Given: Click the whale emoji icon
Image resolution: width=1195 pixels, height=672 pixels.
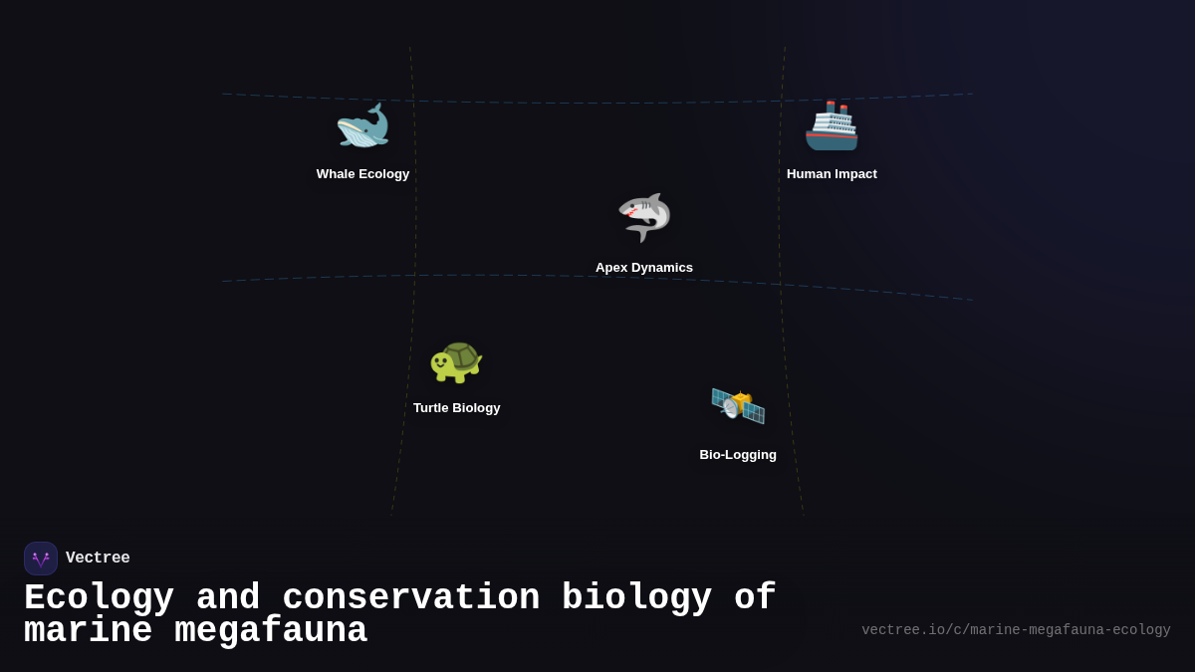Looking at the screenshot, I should click(362, 126).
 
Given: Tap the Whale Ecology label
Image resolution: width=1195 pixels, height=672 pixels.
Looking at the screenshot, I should click(362, 174).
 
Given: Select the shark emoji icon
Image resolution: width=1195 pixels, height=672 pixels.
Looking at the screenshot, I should click(644, 217).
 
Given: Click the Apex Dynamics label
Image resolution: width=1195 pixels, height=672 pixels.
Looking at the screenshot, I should click(644, 268).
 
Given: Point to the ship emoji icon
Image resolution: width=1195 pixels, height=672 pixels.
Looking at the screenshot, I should click(832, 126).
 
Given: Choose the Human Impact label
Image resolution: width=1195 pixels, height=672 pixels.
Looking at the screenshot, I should click(832, 174).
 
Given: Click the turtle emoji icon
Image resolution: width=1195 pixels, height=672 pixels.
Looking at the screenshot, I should click(456, 360).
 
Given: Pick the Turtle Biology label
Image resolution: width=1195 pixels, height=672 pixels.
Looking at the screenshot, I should click(456, 408).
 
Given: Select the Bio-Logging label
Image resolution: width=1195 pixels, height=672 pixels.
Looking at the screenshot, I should click(738, 455).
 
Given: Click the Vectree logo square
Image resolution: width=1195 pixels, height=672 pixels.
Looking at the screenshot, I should click(41, 559).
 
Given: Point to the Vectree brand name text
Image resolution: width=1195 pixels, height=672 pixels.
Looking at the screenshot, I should click(98, 559).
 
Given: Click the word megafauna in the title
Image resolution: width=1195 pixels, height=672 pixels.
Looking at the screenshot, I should click(271, 631).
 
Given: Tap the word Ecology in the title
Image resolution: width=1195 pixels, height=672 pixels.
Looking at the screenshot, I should click(99, 598).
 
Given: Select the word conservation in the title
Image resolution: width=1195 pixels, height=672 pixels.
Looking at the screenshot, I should click(411, 598).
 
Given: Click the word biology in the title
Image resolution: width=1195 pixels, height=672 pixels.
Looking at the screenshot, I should click(637, 598).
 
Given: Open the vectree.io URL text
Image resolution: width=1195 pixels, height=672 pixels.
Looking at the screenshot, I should click(1016, 630).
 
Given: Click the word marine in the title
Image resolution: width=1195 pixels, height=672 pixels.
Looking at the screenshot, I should click(88, 631).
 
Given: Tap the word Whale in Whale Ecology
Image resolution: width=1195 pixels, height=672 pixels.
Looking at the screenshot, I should click(336, 174).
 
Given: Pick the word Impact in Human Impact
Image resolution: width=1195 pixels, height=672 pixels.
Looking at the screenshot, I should click(855, 174).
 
